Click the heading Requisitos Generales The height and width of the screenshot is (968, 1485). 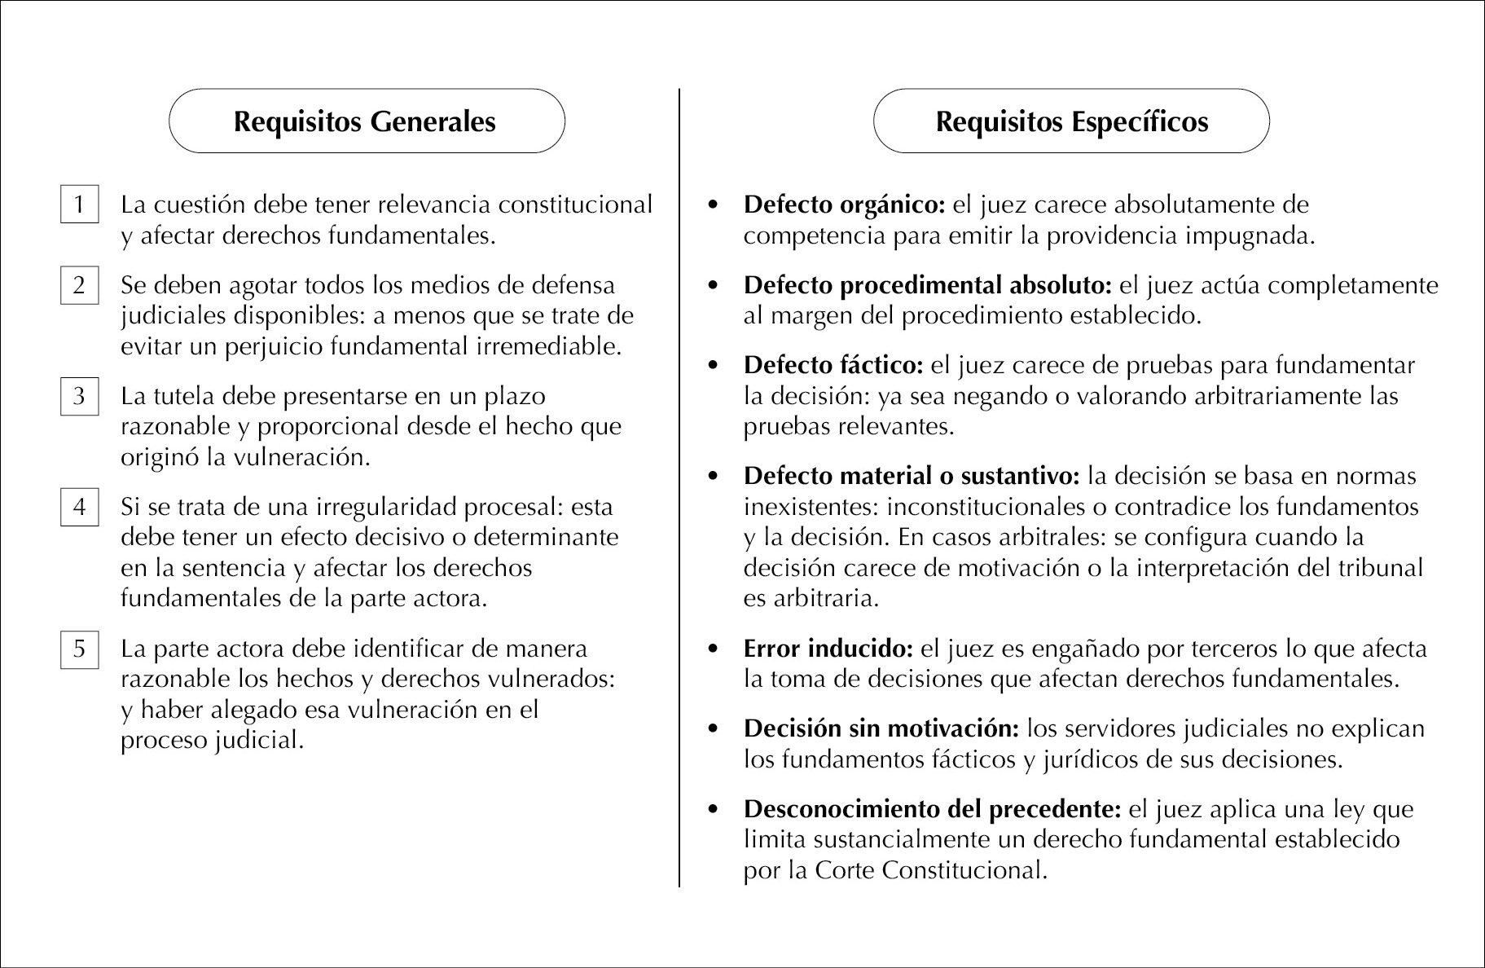click(x=365, y=121)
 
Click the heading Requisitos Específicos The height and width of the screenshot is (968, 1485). click(x=1071, y=121)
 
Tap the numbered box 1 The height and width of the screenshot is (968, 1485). click(x=79, y=204)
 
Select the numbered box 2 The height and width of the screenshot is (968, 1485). click(x=79, y=285)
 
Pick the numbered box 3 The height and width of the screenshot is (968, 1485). click(x=79, y=396)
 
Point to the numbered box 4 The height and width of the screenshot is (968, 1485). click(x=79, y=507)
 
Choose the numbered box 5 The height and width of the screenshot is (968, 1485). click(x=79, y=649)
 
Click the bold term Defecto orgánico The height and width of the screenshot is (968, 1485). click(x=843, y=205)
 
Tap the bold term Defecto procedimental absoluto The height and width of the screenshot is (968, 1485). click(x=927, y=285)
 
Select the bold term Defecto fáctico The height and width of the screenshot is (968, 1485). click(x=833, y=365)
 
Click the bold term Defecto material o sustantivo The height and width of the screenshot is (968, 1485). click(x=911, y=476)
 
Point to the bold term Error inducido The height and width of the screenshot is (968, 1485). click(x=828, y=649)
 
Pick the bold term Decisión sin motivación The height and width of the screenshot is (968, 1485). click(x=881, y=728)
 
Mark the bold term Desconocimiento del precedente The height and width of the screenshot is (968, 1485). click(x=932, y=809)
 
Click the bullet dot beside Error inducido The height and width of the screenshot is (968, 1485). click(x=714, y=649)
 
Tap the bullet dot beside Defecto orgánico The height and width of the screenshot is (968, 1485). click(x=714, y=205)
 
